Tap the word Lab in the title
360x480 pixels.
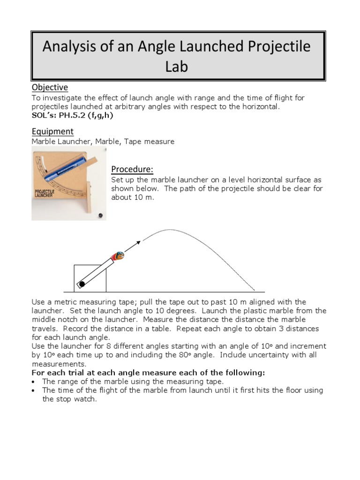click(x=176, y=67)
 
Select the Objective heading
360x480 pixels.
click(x=50, y=87)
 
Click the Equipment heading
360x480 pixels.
click(x=52, y=131)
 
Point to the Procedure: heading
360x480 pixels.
click(x=132, y=169)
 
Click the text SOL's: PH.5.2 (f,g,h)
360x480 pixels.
click(x=72, y=116)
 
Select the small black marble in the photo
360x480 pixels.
click(x=99, y=215)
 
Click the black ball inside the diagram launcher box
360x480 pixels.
click(x=82, y=284)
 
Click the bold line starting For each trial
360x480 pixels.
click(x=148, y=373)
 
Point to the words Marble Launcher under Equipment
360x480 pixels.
click(x=57, y=142)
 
